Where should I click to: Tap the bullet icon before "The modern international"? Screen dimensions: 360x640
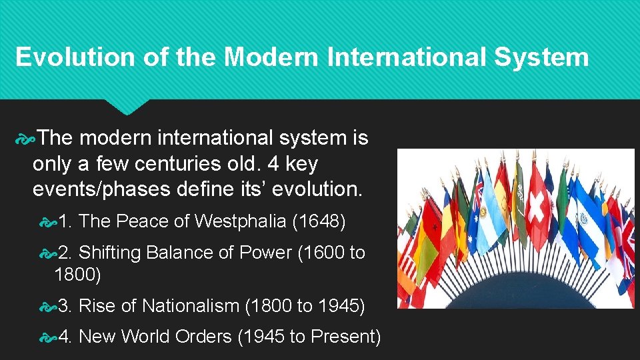(25, 139)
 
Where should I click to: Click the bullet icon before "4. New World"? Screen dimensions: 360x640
(47, 337)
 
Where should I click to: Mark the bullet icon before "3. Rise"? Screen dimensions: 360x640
(47, 307)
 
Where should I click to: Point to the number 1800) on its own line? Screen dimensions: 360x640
(77, 274)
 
